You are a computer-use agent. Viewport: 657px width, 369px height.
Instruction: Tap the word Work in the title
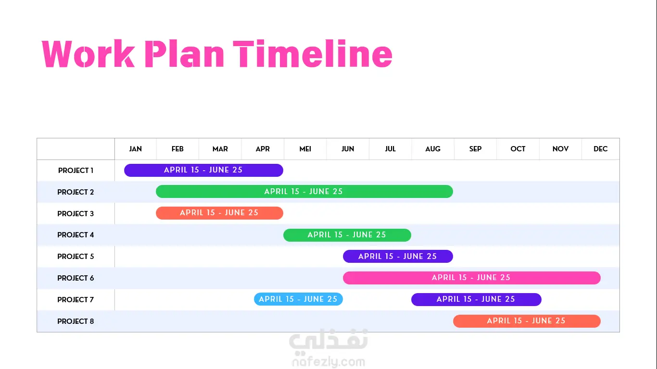click(88, 54)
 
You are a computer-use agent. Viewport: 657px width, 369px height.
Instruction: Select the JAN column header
click(136, 149)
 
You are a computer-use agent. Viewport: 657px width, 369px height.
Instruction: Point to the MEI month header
click(305, 149)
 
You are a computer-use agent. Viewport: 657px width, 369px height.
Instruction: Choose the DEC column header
click(600, 149)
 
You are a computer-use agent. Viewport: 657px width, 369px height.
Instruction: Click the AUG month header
click(432, 149)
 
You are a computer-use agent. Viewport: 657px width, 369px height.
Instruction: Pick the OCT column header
click(518, 149)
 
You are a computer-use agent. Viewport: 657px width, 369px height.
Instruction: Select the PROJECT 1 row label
click(76, 170)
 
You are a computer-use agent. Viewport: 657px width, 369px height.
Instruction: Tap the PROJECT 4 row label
click(76, 235)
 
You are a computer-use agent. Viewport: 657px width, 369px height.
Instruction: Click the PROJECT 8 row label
click(76, 321)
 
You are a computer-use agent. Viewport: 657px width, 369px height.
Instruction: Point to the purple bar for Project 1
click(203, 170)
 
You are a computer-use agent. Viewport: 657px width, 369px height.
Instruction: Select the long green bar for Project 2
click(304, 192)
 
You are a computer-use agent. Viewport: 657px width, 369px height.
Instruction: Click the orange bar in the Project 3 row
click(219, 213)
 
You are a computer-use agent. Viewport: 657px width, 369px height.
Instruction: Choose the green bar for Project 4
click(347, 235)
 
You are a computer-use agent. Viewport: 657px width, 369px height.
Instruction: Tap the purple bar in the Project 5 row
click(398, 257)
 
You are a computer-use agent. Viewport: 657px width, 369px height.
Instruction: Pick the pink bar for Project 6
click(472, 278)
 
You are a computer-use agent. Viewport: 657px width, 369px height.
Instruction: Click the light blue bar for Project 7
click(298, 299)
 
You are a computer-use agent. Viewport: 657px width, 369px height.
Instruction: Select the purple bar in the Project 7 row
click(476, 299)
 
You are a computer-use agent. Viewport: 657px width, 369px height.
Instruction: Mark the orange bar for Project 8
click(527, 321)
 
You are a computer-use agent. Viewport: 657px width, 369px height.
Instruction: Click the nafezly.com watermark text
click(329, 362)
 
